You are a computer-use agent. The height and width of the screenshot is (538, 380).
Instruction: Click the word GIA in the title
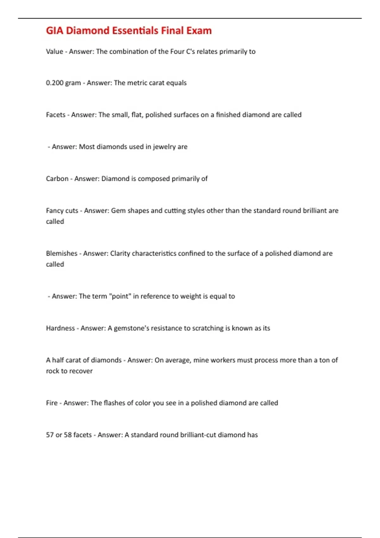(54, 31)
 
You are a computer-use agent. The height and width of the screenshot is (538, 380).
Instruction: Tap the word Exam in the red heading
(199, 31)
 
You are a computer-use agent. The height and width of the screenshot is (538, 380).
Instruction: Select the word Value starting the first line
(54, 52)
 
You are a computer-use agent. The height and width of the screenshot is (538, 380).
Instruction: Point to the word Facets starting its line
(56, 115)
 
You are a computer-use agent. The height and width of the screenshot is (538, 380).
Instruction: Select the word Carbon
(57, 179)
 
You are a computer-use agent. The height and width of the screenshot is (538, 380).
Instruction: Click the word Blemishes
(62, 253)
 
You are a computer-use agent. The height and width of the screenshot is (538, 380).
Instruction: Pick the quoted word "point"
(120, 296)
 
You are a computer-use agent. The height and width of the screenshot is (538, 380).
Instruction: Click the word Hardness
(60, 328)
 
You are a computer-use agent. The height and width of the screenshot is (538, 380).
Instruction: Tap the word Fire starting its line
(52, 403)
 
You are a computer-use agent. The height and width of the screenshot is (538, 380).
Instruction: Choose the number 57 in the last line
(50, 435)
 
